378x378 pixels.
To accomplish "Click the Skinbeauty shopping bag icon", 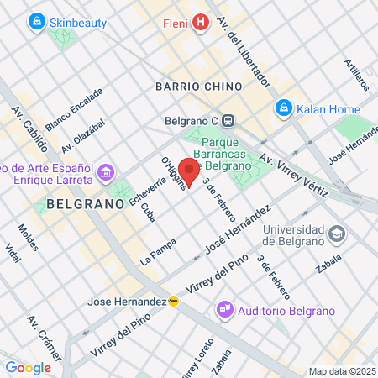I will point(35,21).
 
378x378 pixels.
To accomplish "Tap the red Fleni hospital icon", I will point(199,22).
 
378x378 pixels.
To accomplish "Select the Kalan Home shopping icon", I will point(284,108).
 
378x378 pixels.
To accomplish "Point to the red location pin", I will point(191,174).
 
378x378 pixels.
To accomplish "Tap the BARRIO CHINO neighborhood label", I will point(199,86).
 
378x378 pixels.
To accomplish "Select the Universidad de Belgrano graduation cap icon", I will point(337,233).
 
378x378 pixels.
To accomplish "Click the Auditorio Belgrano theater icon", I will point(224,310).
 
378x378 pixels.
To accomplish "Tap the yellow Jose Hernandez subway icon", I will point(173,301).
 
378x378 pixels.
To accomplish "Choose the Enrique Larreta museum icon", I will point(107,174).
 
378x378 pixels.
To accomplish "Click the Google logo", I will point(28,367).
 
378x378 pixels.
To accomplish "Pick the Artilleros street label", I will point(357,75).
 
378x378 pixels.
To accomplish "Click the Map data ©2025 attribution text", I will point(342,371).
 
